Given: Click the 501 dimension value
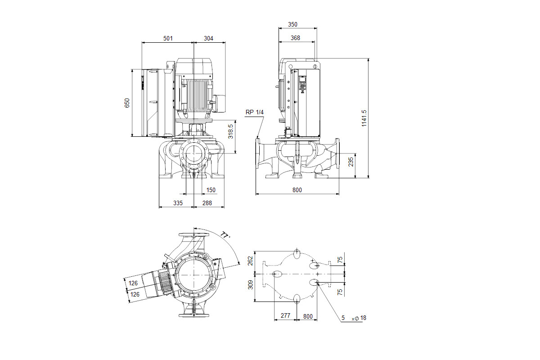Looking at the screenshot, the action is [168, 38].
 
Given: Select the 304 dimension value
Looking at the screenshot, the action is [208, 38].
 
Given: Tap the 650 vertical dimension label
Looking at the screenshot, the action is [127, 103].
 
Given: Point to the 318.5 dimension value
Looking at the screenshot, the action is [231, 131].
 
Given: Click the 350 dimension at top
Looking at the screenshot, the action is [292, 24].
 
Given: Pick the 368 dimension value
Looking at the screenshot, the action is [295, 38].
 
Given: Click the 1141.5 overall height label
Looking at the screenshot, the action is [364, 118].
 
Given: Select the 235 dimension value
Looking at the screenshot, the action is [351, 162].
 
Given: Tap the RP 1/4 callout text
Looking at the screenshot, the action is [255, 112].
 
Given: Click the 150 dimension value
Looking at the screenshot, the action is [211, 190].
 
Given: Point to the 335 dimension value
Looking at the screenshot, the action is [178, 203].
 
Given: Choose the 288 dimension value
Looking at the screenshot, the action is [207, 203].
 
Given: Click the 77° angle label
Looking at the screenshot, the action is [225, 235].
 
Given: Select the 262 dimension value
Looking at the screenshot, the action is [250, 261].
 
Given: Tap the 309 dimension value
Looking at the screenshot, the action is [251, 285].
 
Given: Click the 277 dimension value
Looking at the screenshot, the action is [285, 315].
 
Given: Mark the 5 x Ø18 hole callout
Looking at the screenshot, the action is [354, 318].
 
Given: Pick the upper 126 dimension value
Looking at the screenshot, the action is [133, 283].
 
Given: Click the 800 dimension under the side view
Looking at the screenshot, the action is [297, 190].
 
